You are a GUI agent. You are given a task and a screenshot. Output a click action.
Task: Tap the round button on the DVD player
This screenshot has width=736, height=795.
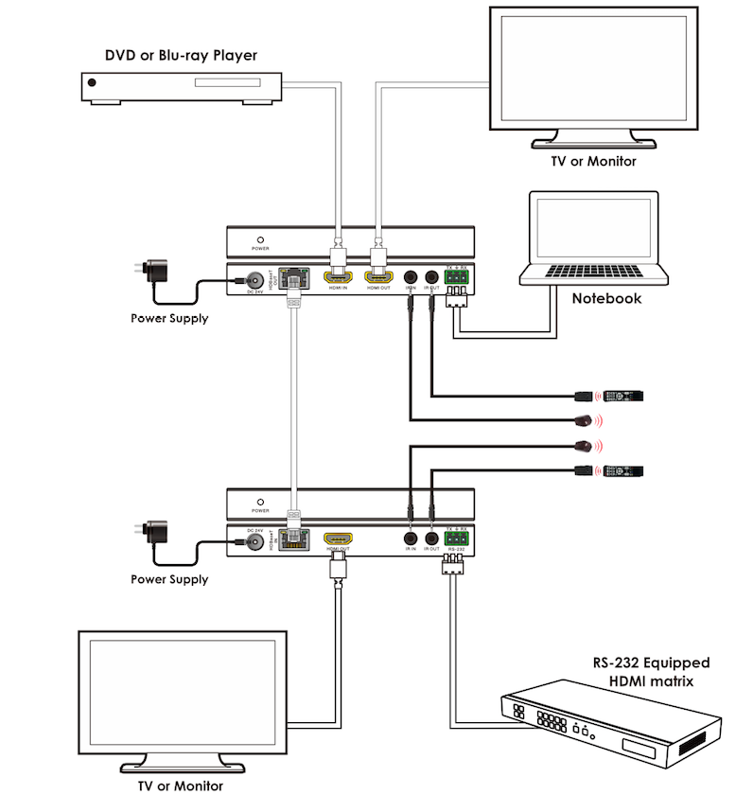click(x=92, y=83)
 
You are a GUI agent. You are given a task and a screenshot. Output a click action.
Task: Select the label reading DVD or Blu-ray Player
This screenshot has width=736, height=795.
click(x=181, y=56)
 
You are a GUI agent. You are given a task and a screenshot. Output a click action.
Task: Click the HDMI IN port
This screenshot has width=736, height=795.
click(x=338, y=279)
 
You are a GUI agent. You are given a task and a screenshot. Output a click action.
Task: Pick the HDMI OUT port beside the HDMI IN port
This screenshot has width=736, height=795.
click(x=378, y=279)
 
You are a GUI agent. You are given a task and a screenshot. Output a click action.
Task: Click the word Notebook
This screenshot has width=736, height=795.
click(x=606, y=298)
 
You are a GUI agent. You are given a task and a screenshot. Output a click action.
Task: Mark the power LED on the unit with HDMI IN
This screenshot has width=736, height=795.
click(x=260, y=240)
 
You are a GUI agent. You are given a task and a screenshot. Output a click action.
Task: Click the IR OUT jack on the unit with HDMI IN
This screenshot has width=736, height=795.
click(x=432, y=279)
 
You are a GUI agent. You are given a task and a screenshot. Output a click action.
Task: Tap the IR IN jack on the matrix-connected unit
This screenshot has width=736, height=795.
click(x=411, y=540)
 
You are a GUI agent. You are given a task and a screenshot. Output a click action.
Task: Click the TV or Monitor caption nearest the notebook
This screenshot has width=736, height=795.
click(x=593, y=161)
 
